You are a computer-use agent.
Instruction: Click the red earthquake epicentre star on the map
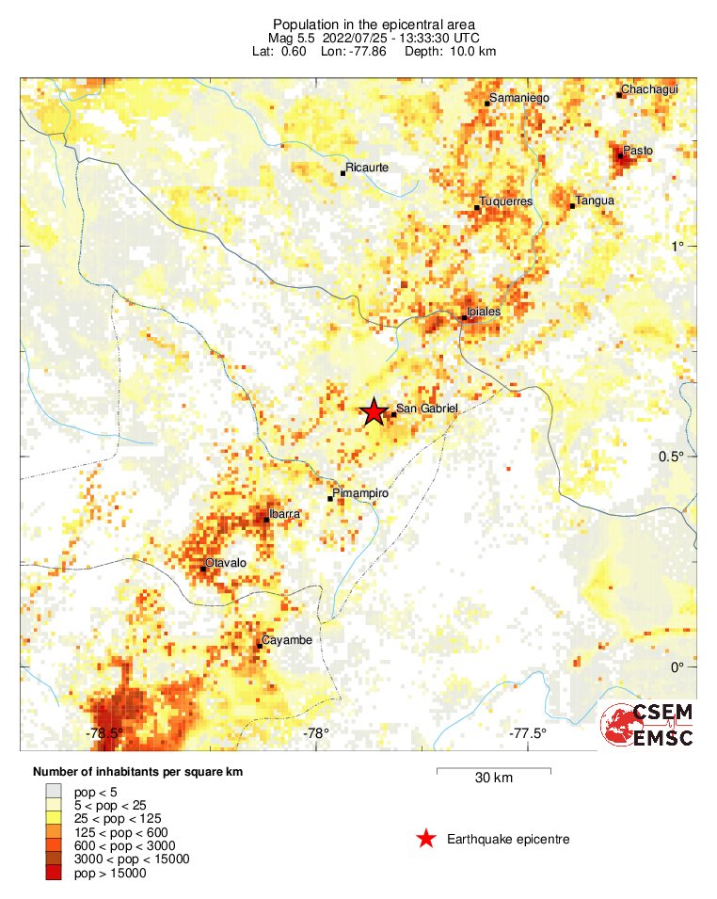tap(374, 411)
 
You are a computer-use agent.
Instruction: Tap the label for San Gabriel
tap(426, 409)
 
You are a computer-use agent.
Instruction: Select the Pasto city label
tap(639, 150)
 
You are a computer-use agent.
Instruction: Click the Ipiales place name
tap(484, 311)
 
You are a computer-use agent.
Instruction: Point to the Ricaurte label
tap(368, 168)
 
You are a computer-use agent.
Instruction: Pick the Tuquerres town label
tap(506, 201)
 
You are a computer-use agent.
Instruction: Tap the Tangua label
tap(595, 201)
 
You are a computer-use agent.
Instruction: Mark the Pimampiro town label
tap(361, 492)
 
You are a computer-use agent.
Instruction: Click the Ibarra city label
tap(284, 514)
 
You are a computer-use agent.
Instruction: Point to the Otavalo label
tap(226, 563)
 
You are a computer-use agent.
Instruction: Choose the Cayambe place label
tap(285, 640)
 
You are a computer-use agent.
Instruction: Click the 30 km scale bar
tap(493, 772)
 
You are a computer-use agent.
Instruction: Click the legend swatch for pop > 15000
tap(55, 873)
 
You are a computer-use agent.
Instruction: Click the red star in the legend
tap(426, 839)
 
